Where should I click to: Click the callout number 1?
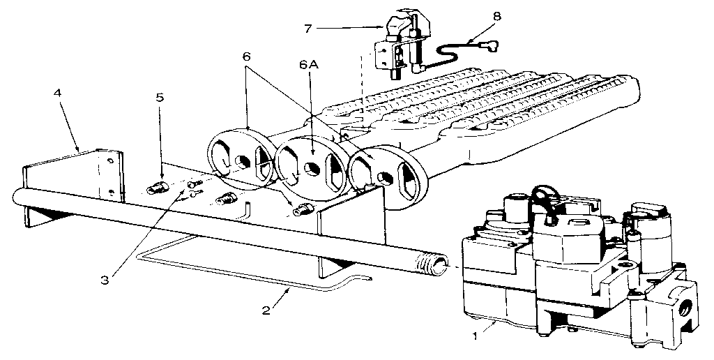pyautogui.click(x=476, y=336)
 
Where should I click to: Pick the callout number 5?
pyautogui.click(x=160, y=97)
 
